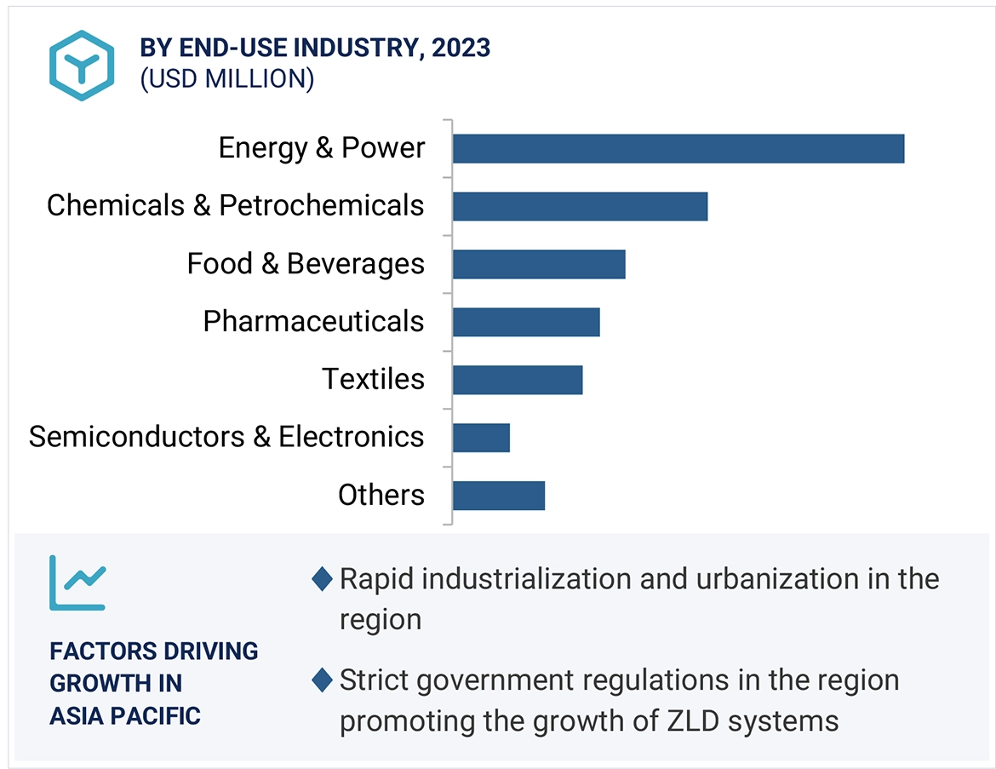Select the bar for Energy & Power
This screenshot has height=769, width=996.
coord(678,148)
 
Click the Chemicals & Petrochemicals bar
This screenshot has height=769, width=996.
coord(580,206)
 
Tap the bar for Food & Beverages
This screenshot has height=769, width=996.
coord(539,264)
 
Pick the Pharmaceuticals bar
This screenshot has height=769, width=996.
coord(526,322)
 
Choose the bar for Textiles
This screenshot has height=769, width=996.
coord(518,380)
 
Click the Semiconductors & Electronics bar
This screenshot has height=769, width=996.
coord(481,438)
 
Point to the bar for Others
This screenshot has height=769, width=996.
coord(498,496)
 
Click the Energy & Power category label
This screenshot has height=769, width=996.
coord(321,148)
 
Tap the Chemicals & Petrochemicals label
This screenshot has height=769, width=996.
coord(235,205)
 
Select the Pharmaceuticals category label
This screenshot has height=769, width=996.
coord(313,322)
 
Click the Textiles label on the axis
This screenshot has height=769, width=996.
coord(373,379)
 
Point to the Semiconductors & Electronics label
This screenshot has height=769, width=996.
coord(226,437)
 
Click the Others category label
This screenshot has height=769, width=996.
coord(381,495)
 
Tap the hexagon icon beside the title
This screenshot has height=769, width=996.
coord(81,66)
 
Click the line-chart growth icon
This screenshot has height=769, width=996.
coord(77,583)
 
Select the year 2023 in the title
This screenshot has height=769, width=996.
coord(461,48)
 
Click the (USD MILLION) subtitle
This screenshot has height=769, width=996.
coord(227,79)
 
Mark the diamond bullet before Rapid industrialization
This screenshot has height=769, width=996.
coord(322,580)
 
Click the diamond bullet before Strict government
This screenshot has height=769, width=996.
coord(322,680)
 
